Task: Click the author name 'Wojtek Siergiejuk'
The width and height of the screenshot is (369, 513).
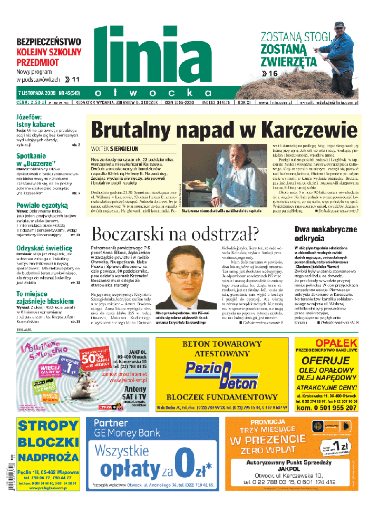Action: pyautogui.click(x=118, y=149)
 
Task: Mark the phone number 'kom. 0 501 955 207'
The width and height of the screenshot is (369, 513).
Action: pyautogui.click(x=327, y=408)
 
